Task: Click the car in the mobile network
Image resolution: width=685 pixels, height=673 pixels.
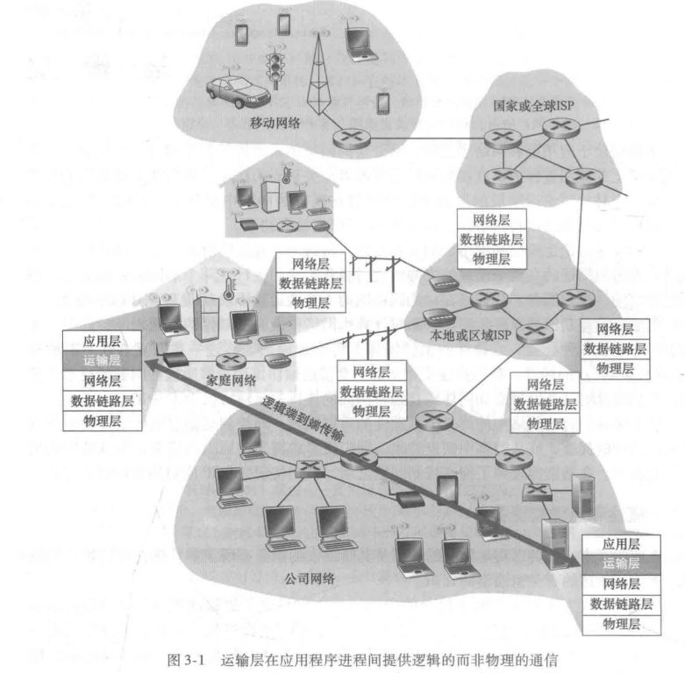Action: click(238, 92)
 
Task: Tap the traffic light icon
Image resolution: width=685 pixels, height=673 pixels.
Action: click(275, 69)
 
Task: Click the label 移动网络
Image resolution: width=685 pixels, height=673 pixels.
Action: click(275, 123)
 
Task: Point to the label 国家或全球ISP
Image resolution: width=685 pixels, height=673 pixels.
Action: click(533, 106)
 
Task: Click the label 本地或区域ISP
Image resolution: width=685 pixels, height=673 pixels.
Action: click(470, 336)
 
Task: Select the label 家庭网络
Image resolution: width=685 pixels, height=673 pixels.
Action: click(231, 380)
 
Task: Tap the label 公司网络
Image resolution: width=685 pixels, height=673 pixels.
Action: click(310, 578)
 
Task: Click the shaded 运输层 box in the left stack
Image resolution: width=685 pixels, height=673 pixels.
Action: click(103, 360)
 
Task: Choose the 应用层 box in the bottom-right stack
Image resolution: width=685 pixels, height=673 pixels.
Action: click(621, 545)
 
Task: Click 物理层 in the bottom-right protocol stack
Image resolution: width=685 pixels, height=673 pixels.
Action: click(621, 624)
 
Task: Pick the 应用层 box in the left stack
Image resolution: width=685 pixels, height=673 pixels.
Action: click(103, 340)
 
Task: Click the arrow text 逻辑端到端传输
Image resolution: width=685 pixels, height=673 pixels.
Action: click(302, 419)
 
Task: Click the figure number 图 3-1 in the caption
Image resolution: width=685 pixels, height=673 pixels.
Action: click(186, 660)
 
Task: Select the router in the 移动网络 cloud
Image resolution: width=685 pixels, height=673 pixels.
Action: click(352, 138)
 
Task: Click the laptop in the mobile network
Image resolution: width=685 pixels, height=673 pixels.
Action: click(360, 44)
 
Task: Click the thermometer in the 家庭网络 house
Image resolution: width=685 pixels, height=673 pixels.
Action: click(228, 288)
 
